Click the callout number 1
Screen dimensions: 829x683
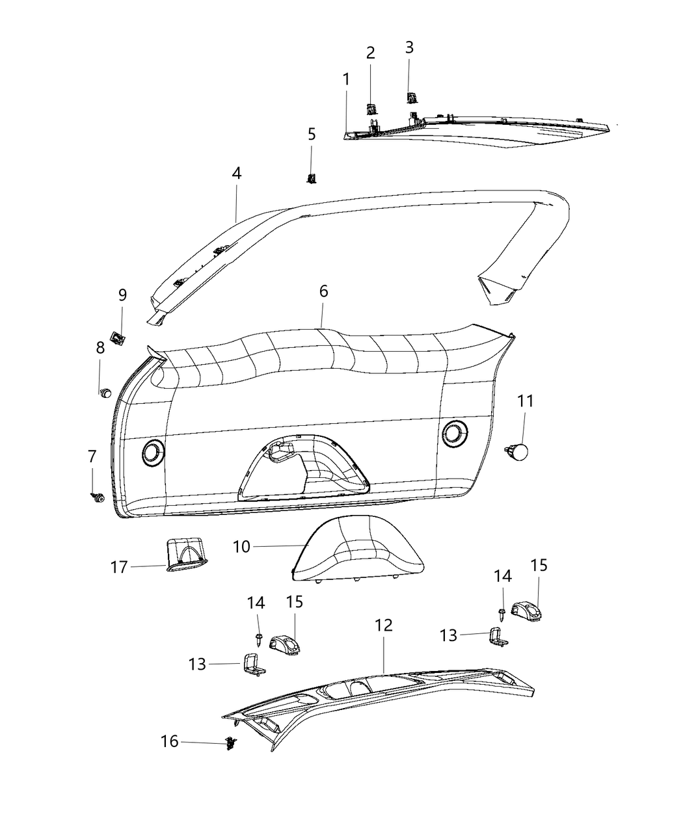[346, 79]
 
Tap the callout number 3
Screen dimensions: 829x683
[409, 47]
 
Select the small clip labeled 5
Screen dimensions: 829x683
[312, 178]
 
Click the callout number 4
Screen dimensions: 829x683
[236, 174]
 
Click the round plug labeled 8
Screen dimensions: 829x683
[105, 392]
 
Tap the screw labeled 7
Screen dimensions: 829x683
[98, 497]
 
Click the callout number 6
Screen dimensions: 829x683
[323, 291]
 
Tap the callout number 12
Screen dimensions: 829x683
[384, 625]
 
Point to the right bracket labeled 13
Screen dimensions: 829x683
[497, 637]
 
